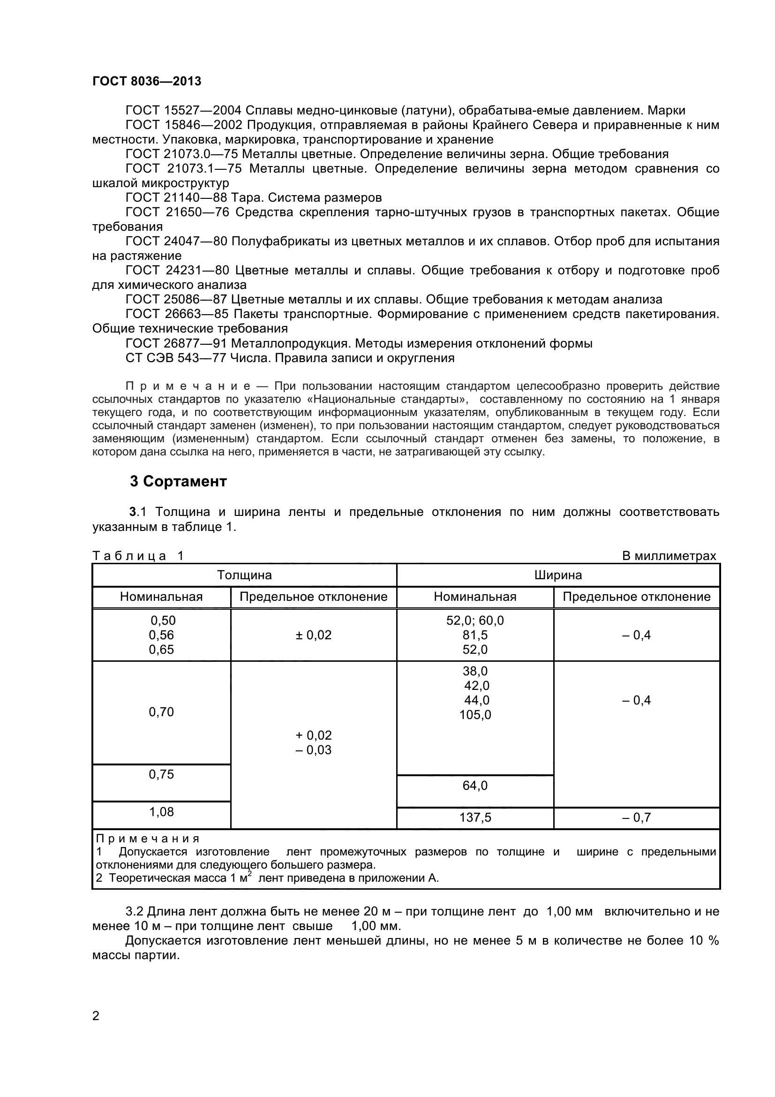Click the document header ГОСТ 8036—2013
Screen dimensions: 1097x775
147,81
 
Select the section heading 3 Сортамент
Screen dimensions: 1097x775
178,482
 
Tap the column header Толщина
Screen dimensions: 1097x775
244,575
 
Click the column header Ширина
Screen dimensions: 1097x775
558,575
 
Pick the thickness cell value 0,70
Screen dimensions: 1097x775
161,712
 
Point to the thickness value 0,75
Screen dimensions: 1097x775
161,774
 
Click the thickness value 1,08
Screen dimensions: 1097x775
161,812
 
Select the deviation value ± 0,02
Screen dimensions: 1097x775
313,635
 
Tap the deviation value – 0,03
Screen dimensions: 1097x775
313,749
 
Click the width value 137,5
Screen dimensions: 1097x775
474,817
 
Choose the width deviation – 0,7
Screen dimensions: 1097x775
636,817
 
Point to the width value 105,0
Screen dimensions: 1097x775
474,715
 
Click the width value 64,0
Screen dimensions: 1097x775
474,786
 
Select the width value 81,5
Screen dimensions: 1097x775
474,635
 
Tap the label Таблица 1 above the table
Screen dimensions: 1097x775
138,556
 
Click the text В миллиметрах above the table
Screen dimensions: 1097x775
669,556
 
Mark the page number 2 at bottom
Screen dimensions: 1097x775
96,1016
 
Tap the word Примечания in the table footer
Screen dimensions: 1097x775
148,839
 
